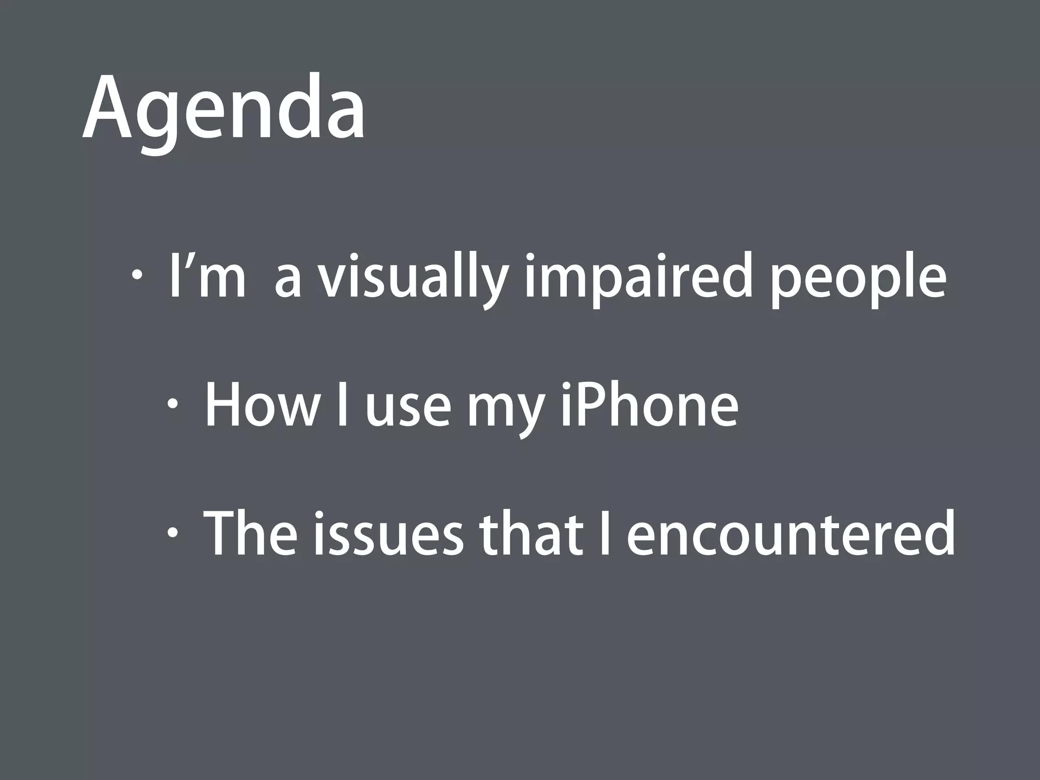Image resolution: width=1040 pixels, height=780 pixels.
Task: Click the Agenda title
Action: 223,109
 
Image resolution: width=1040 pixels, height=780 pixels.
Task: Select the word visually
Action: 412,279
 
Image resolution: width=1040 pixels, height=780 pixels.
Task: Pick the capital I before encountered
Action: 604,533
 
